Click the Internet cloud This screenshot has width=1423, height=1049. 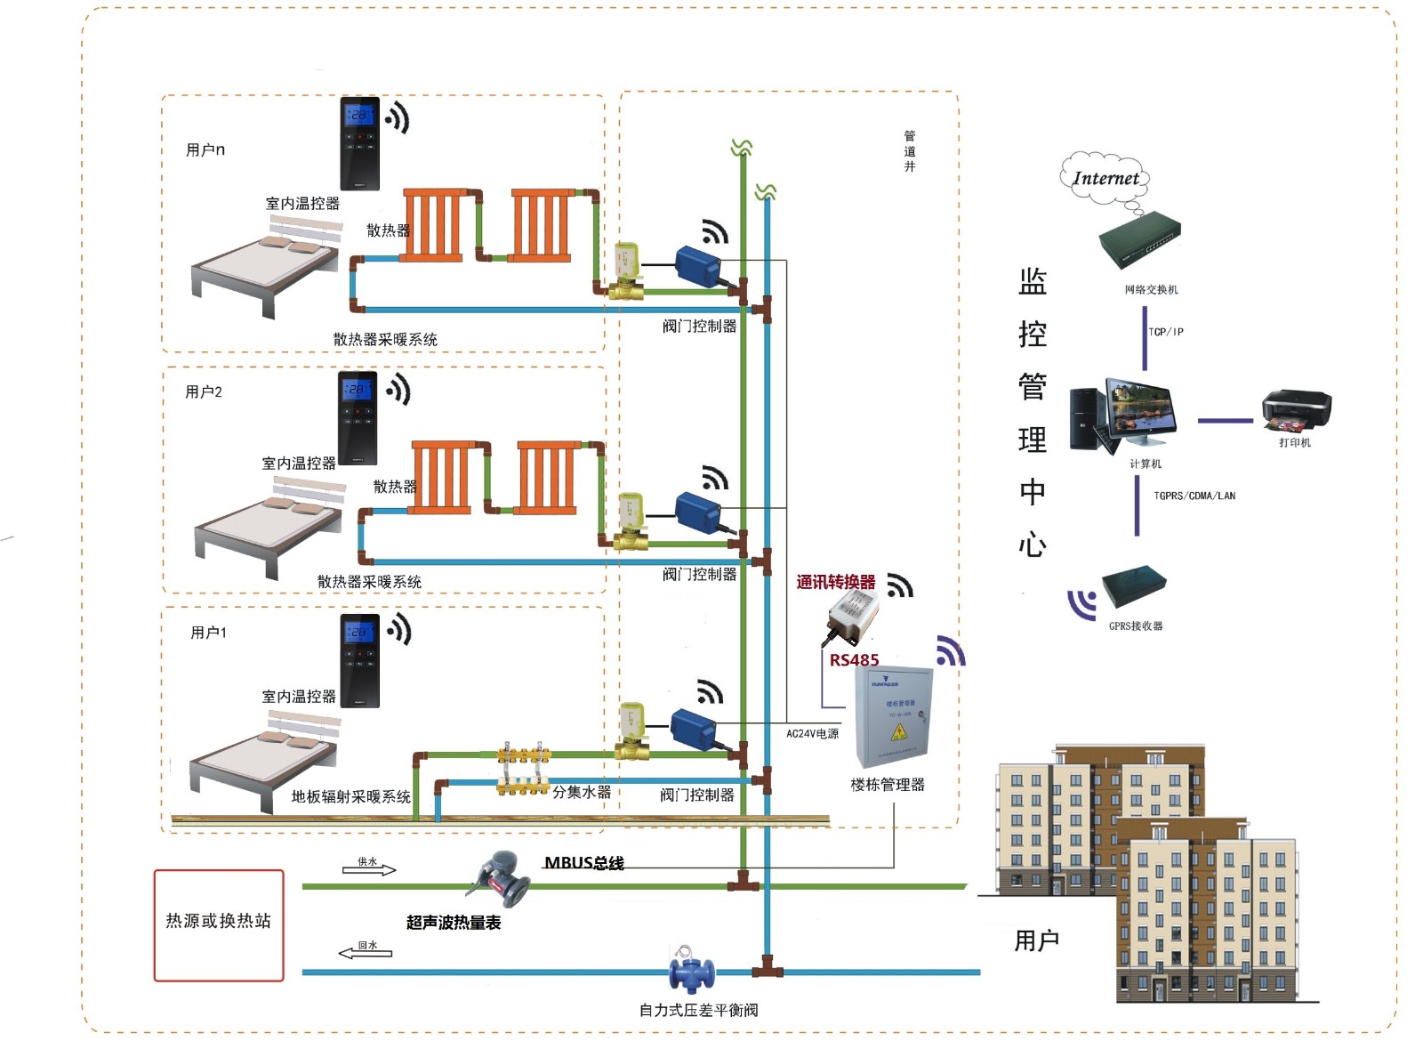[1105, 178]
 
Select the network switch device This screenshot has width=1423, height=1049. [1139, 239]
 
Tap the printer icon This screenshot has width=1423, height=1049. [1296, 411]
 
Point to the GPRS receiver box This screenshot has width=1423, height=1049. [1134, 587]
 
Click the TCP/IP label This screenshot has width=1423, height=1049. [1165, 332]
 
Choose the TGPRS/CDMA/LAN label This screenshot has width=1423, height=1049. [1194, 496]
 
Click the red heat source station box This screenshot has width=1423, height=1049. [219, 925]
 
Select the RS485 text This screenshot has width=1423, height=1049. [854, 660]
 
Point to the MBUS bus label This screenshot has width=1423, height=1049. [583, 863]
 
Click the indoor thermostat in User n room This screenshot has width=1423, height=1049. [360, 143]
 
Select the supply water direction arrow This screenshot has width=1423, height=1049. [369, 869]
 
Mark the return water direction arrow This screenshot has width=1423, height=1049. [366, 952]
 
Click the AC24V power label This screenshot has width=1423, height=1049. [812, 734]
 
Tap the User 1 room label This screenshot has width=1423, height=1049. [209, 633]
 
